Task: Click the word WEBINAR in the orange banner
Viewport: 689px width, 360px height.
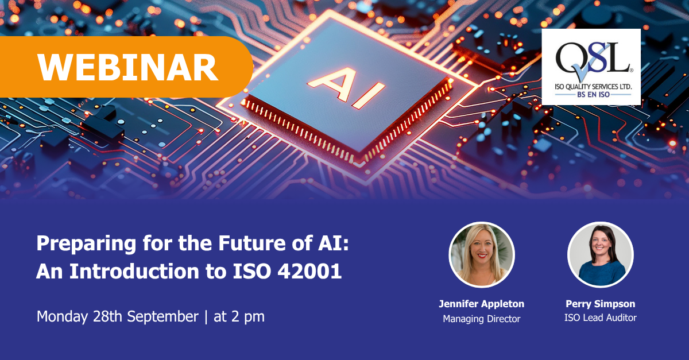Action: [x=127, y=67]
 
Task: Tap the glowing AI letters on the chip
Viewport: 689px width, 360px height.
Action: [x=346, y=88]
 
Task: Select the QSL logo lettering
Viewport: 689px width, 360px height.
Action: [x=593, y=59]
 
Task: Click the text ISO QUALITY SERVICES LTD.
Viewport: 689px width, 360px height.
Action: [x=593, y=87]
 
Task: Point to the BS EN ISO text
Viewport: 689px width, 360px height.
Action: [x=593, y=95]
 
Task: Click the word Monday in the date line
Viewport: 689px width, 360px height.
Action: [x=62, y=317]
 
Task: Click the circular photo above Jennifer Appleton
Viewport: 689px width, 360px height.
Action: [x=482, y=255]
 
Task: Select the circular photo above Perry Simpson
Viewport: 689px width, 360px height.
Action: [x=601, y=255]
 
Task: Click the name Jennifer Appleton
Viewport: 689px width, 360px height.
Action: [x=482, y=304]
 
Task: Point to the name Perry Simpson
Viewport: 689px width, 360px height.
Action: [x=601, y=304]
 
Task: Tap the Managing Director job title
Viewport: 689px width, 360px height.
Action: [x=482, y=319]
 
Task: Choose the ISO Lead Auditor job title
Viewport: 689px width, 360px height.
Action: [x=601, y=318]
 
